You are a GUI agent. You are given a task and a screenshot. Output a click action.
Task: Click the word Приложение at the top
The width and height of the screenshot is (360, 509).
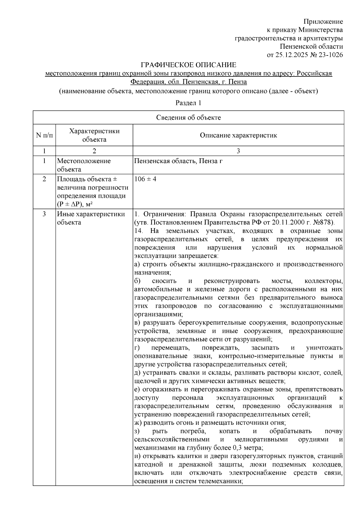click(x=323, y=22)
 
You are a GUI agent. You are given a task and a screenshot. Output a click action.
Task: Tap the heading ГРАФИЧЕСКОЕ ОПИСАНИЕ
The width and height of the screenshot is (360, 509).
click(x=188, y=65)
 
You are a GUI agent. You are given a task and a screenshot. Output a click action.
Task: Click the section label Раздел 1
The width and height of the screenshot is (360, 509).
click(x=188, y=103)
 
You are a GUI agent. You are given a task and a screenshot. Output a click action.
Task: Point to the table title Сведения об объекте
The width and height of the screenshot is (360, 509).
click(x=188, y=118)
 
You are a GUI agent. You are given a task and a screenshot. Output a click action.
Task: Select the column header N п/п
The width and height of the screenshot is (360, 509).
click(x=44, y=135)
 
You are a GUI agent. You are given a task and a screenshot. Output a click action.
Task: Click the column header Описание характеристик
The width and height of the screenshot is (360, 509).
click(x=238, y=135)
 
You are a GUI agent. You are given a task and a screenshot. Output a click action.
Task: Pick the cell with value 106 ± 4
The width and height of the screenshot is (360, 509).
click(x=145, y=179)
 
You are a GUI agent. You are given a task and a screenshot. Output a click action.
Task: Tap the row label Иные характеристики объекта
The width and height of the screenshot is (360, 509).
click(x=91, y=218)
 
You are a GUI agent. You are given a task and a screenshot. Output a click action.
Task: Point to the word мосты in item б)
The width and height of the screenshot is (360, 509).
click(x=282, y=281)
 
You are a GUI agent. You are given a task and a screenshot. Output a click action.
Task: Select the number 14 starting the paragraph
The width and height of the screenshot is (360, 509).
click(x=139, y=231)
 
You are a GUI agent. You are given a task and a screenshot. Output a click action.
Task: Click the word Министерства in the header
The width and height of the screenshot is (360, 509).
click(x=321, y=30)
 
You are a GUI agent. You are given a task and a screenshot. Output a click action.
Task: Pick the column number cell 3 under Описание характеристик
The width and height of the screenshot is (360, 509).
click(x=238, y=151)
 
